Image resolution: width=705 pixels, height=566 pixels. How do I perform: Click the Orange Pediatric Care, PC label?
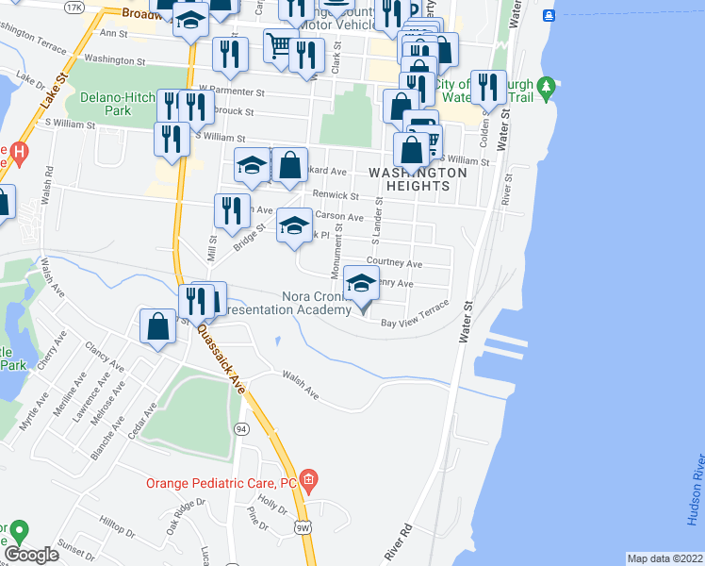pos(221,483)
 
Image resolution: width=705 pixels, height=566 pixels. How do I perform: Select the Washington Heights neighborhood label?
pos(418,179)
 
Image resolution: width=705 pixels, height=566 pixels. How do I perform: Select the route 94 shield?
pos(242,429)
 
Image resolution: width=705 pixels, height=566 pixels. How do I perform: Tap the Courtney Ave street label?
pos(395,264)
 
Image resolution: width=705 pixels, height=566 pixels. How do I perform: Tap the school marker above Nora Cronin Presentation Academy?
pos(361,282)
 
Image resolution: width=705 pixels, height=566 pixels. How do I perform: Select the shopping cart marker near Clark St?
pos(279,43)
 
